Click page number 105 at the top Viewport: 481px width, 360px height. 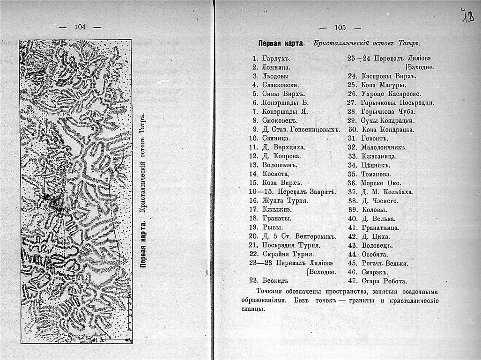tap(340, 27)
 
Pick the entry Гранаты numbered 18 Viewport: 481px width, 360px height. tap(277, 218)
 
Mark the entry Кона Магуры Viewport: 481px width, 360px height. tap(384, 85)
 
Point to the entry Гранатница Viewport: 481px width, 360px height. tap(380, 228)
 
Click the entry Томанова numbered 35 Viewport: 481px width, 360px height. tap(379, 174)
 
